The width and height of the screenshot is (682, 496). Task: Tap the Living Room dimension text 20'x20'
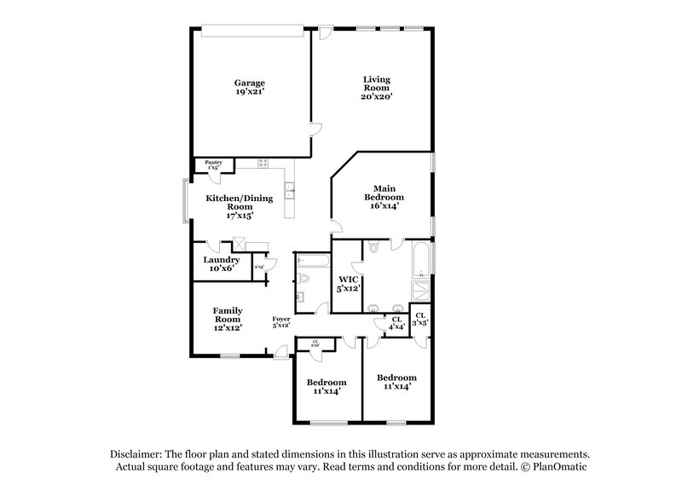[375, 97]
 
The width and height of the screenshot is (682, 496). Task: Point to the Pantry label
[213, 161]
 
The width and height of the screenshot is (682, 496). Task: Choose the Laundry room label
[221, 260]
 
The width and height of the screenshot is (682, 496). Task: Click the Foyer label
[281, 318]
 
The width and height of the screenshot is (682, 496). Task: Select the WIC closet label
[347, 279]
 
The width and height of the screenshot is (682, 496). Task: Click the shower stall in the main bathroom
[420, 291]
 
